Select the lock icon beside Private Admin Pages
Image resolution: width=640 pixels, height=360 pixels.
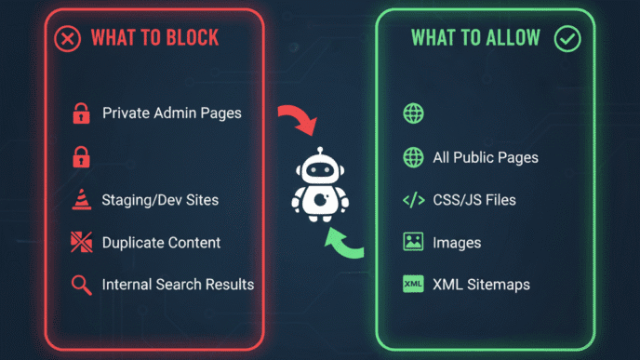tap(80, 114)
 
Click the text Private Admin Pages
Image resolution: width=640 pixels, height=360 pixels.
tap(172, 113)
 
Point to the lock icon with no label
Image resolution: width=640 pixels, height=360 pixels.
tap(80, 156)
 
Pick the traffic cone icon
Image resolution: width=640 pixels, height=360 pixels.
tap(80, 200)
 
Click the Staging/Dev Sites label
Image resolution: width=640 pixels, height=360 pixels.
tap(161, 200)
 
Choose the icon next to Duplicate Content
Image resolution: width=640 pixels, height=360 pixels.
tap(80, 242)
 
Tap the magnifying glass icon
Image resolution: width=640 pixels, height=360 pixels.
tap(80, 285)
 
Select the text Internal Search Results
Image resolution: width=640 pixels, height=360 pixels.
tap(178, 284)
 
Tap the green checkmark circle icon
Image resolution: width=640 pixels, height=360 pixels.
tap(567, 38)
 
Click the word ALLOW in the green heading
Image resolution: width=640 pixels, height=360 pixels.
tap(507, 38)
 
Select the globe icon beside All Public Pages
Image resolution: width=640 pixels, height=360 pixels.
tap(413, 157)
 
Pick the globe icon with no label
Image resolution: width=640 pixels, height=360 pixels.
tap(413, 113)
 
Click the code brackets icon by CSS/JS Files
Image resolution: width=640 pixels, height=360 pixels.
tap(413, 200)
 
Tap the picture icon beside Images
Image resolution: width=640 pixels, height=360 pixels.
tap(413, 242)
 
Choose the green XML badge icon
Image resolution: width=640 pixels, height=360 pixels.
tap(413, 285)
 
